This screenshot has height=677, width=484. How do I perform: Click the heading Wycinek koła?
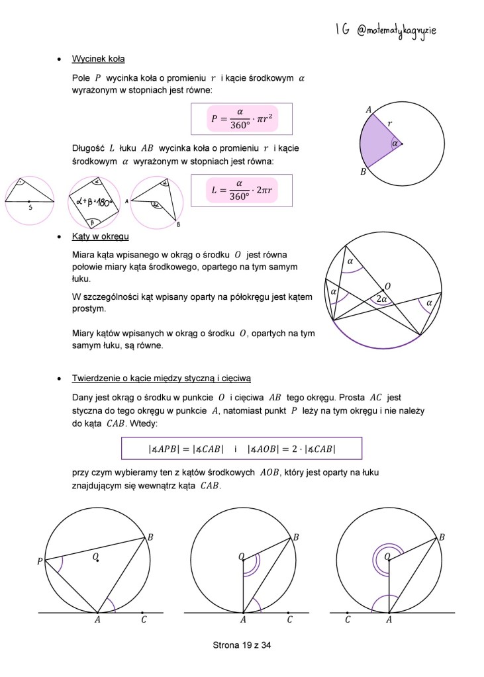point(98,59)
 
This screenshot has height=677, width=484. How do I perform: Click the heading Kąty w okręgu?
point(100,236)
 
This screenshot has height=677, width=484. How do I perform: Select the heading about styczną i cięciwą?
point(161,378)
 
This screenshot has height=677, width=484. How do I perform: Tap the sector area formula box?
point(241,118)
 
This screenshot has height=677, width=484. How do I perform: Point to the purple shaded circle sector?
point(379,142)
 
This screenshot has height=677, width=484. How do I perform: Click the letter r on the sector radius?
point(389,124)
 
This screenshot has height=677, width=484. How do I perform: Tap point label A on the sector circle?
point(368,110)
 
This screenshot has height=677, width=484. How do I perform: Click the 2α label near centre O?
point(381,298)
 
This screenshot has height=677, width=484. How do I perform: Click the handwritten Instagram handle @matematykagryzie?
point(397,30)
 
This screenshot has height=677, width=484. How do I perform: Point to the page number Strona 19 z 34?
point(242,646)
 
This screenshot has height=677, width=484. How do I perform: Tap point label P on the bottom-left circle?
point(40,562)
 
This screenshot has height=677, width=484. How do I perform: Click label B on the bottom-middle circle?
point(296,537)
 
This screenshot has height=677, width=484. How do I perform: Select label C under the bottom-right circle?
point(348,620)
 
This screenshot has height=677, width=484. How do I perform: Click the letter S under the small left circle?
point(29,207)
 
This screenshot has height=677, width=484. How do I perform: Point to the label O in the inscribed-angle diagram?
point(387,286)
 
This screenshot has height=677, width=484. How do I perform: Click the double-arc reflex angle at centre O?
point(388,557)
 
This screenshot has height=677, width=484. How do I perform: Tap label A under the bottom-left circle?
point(97,620)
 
